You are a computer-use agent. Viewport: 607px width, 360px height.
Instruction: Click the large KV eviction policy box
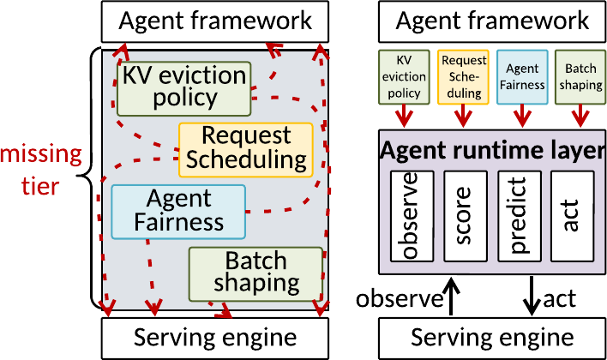[x=184, y=88]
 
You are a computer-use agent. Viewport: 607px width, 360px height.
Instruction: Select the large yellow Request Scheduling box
[x=246, y=150]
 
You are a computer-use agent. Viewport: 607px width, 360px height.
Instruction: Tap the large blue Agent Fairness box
[x=178, y=212]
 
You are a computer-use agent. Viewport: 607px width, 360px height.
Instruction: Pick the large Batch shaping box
[x=255, y=274]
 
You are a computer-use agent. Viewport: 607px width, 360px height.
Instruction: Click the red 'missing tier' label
[x=41, y=171]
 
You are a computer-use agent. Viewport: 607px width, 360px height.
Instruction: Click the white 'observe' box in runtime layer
[x=412, y=216]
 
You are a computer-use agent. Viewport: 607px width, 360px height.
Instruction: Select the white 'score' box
[x=466, y=216]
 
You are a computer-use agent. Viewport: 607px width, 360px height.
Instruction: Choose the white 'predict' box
[x=520, y=216]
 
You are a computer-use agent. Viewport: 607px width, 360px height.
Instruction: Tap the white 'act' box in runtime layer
[x=572, y=216]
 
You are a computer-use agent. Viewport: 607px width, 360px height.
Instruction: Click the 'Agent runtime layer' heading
[x=492, y=150]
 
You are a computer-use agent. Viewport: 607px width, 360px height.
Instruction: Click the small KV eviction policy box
[x=404, y=77]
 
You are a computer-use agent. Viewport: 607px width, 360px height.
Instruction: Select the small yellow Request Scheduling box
[x=463, y=77]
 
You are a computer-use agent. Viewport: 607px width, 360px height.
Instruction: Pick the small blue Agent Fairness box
[x=522, y=77]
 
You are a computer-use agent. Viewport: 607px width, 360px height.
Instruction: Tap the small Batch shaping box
[x=580, y=77]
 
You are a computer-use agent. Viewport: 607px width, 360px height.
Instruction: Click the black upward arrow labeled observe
[x=451, y=296]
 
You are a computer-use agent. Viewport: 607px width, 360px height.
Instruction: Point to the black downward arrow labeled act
[x=532, y=296]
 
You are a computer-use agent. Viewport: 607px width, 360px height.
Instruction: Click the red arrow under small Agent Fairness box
[x=522, y=116]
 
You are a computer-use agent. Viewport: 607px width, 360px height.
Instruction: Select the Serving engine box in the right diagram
[x=492, y=339]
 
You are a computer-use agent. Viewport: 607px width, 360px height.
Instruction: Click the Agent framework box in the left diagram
[x=215, y=21]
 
